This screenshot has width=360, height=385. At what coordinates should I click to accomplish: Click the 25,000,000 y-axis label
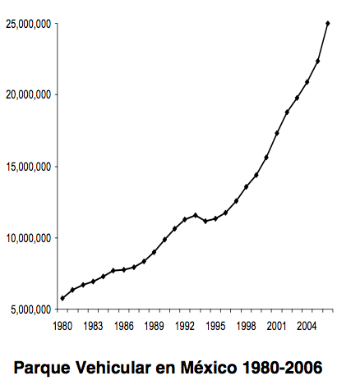(x=29, y=24)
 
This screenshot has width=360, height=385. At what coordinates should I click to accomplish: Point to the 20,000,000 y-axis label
(x=29, y=95)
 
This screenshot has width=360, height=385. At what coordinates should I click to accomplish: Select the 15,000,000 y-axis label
(x=29, y=167)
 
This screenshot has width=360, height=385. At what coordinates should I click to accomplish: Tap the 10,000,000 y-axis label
(x=29, y=238)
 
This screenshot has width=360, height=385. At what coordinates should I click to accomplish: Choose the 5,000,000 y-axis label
(x=31, y=309)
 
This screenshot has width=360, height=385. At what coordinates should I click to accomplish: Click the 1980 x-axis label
(x=62, y=326)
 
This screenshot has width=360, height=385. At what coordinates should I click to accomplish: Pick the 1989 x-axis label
(x=154, y=326)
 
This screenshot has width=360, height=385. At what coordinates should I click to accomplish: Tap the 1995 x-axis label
(x=215, y=326)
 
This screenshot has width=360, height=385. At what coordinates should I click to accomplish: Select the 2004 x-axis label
(x=307, y=326)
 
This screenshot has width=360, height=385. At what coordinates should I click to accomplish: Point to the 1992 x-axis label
(x=185, y=326)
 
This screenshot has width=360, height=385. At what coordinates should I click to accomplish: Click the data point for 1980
(x=62, y=298)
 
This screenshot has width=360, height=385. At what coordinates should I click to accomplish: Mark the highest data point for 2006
(x=328, y=23)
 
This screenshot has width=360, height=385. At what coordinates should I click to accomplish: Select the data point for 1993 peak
(x=196, y=215)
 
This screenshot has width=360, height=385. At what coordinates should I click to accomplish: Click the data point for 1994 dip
(x=205, y=221)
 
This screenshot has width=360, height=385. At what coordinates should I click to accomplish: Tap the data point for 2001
(x=277, y=133)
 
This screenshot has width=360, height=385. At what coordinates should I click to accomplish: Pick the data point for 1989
(x=154, y=252)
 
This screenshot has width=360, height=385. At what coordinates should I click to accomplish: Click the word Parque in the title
(x=42, y=368)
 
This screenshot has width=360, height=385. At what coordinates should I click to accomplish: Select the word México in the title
(x=209, y=367)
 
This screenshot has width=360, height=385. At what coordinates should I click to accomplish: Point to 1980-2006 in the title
(x=283, y=368)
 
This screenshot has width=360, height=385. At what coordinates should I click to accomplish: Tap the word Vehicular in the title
(x=113, y=367)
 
